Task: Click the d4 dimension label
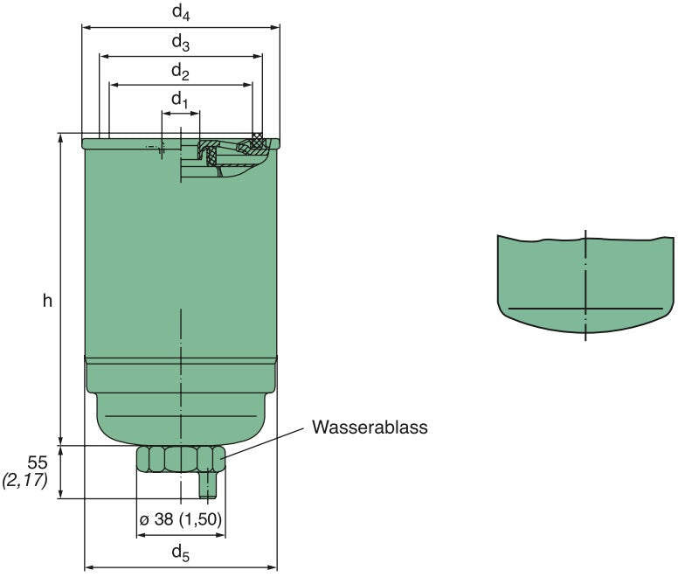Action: (180, 11)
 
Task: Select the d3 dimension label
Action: (180, 41)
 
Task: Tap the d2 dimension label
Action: (180, 71)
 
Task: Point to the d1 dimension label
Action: (179, 100)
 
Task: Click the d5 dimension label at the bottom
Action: (179, 552)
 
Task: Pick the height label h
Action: (48, 301)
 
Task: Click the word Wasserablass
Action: (370, 428)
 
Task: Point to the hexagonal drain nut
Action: (180, 459)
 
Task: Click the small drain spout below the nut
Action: (207, 483)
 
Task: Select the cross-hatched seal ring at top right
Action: (257, 138)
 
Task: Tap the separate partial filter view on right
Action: (585, 284)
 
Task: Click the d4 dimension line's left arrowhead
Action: (86, 27)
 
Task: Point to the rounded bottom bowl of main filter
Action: (180, 411)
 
